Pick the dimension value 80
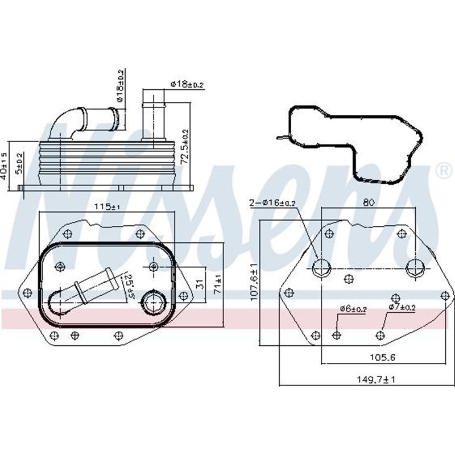click(369, 201)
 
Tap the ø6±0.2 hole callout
click(354, 309)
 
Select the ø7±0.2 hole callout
click(403, 308)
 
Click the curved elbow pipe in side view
click(65, 122)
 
